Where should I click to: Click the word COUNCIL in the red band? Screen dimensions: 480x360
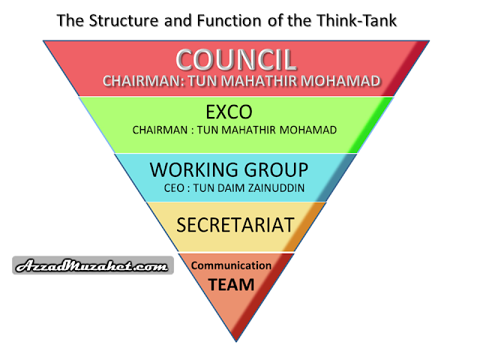(x=236, y=60)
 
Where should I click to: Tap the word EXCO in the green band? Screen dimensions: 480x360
(x=229, y=112)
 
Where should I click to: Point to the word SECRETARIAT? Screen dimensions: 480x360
(x=235, y=225)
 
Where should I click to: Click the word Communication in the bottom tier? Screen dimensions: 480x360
(x=231, y=265)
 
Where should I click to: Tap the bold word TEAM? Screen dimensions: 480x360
(x=231, y=285)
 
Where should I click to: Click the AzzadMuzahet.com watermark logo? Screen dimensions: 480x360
(x=93, y=265)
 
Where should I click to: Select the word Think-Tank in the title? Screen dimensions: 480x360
(x=357, y=21)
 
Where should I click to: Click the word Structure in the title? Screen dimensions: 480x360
(x=124, y=21)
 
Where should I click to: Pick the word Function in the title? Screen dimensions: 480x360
(x=229, y=21)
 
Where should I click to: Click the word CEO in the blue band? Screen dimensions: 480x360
(x=174, y=188)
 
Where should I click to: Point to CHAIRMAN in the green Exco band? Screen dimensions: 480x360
(x=160, y=130)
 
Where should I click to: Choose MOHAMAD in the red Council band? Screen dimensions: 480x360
(x=340, y=81)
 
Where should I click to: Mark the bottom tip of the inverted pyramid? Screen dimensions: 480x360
(x=236, y=341)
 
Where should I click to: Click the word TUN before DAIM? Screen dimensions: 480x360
(x=204, y=188)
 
